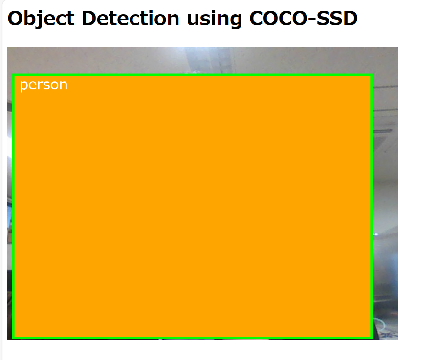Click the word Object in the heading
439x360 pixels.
[x=41, y=19]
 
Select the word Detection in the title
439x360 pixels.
[x=131, y=19]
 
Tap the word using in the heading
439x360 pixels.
[x=214, y=20]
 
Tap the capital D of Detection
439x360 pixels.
[x=90, y=19]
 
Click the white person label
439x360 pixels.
[x=44, y=85]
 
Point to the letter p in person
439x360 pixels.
[x=24, y=86]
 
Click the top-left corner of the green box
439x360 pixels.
[x=13, y=75]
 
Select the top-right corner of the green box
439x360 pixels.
[x=372, y=75]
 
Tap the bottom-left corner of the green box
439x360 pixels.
[x=13, y=339]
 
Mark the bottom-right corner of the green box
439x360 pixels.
[x=372, y=339]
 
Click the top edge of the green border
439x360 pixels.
[x=192, y=75]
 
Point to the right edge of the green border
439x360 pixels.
[x=372, y=207]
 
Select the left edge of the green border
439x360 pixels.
[x=13, y=207]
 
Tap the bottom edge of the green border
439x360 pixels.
[x=192, y=339]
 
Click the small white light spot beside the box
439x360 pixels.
[x=375, y=234]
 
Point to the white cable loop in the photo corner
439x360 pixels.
[x=381, y=324]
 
